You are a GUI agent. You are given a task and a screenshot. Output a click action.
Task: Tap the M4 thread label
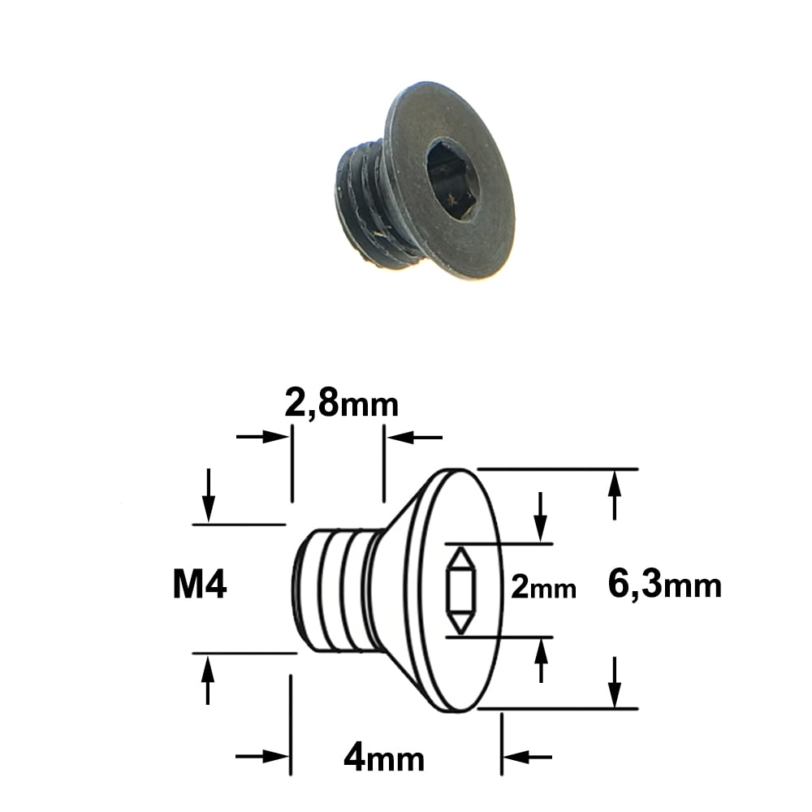[200, 585]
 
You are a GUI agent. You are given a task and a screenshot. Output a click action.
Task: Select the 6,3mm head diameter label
[664, 584]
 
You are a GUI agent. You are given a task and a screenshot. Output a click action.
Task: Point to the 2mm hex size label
[543, 588]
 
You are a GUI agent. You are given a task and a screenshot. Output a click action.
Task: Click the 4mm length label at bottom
[384, 759]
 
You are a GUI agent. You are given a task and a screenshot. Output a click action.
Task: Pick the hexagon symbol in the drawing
[460, 590]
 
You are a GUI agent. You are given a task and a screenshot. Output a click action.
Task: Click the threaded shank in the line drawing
[337, 590]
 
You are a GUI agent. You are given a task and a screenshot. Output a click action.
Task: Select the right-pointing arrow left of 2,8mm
[262, 437]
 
